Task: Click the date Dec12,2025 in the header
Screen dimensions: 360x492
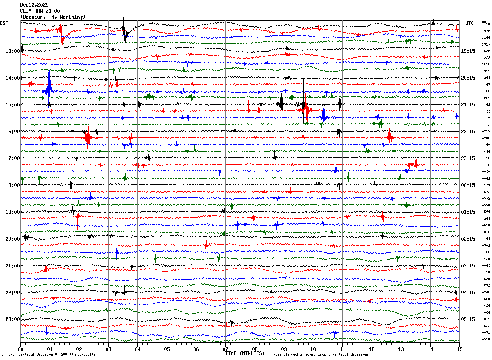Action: tap(34, 5)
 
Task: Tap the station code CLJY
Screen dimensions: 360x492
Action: tap(26, 11)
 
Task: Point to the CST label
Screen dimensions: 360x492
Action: tap(4, 23)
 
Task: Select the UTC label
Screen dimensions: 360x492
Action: tap(469, 23)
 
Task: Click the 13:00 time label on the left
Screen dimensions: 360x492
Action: tap(13, 51)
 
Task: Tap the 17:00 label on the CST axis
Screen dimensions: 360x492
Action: tap(13, 158)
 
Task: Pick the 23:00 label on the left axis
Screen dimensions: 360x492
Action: tap(13, 319)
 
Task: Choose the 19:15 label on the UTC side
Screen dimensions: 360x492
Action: tap(468, 51)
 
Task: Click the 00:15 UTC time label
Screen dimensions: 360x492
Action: tap(468, 185)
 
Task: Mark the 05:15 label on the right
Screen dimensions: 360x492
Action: tap(468, 319)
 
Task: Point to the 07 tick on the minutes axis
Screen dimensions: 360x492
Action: tap(225, 349)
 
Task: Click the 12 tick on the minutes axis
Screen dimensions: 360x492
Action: tap(372, 349)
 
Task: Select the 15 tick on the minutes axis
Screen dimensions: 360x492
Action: tap(459, 349)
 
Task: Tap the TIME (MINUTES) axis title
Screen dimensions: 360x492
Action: tap(245, 353)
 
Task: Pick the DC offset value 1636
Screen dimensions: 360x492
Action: tap(486, 51)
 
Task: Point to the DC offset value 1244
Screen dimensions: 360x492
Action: tap(486, 37)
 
